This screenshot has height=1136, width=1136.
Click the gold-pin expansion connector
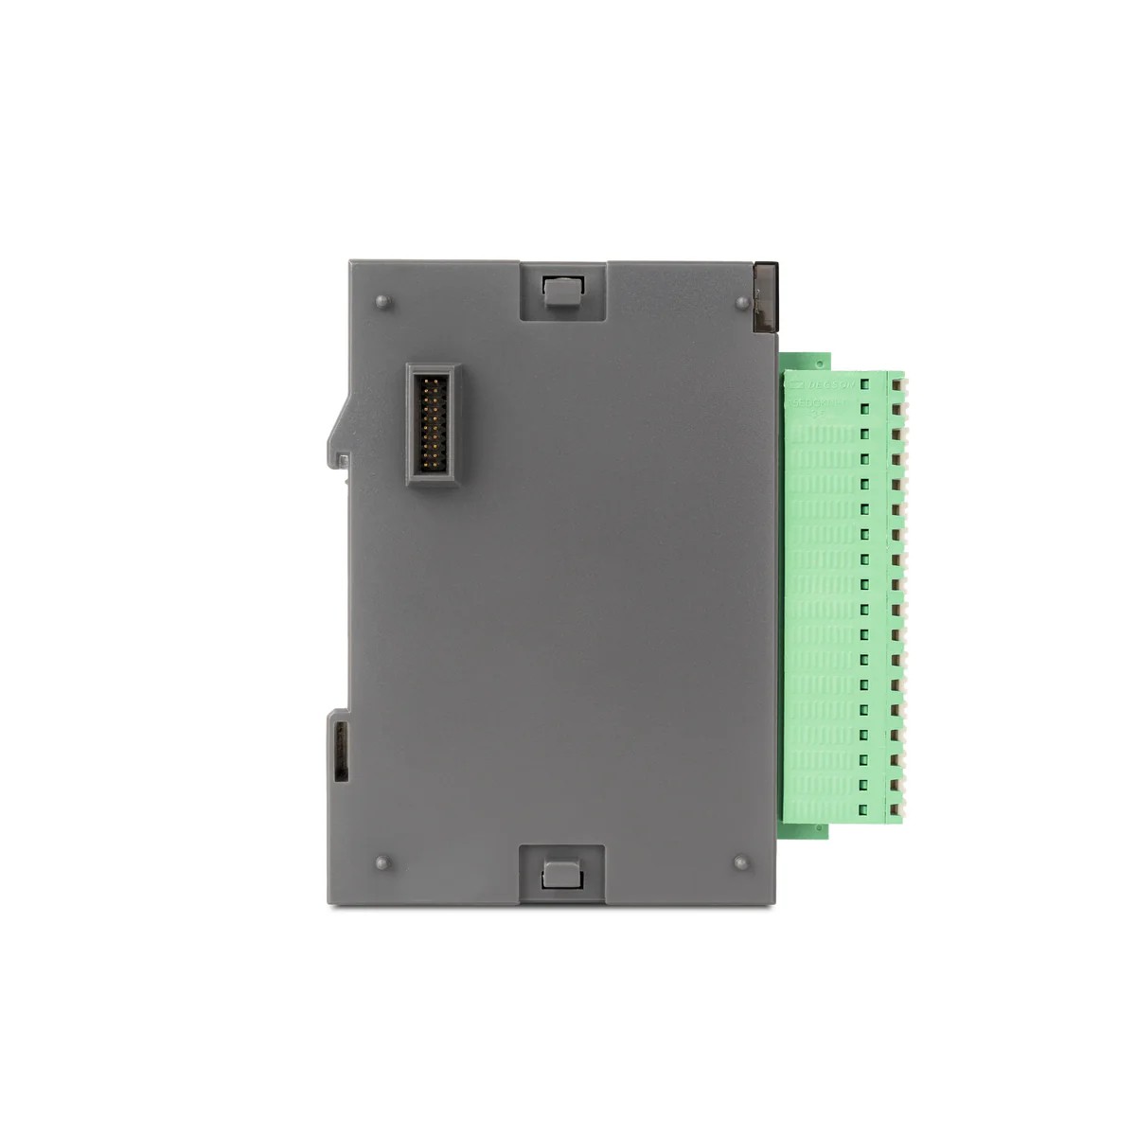(x=433, y=423)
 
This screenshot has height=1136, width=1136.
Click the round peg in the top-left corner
(x=382, y=302)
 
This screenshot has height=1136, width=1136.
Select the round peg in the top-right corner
(x=741, y=303)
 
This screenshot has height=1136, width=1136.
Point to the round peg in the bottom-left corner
(x=382, y=863)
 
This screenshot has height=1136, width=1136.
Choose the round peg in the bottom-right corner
(x=740, y=862)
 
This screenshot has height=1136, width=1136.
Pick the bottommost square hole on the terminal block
(x=864, y=808)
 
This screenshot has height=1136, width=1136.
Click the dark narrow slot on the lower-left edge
(x=341, y=750)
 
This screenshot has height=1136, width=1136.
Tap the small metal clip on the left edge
(x=344, y=461)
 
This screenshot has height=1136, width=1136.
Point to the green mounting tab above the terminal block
(x=805, y=361)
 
